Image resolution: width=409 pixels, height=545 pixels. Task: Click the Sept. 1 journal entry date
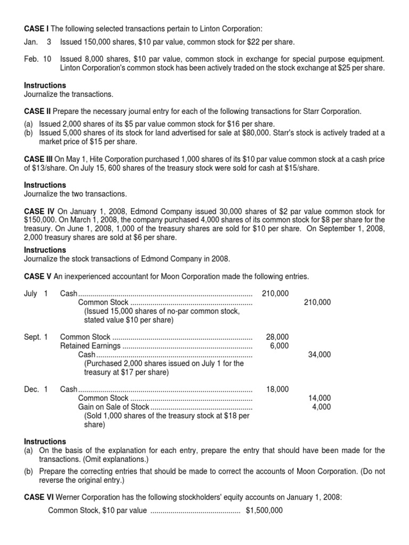tap(36, 337)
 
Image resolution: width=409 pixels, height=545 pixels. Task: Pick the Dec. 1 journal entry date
tap(36, 389)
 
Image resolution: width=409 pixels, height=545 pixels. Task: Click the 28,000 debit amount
tap(277, 337)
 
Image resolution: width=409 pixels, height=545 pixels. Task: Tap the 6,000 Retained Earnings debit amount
tap(279, 345)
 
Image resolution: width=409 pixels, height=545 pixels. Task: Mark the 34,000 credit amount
tap(319, 354)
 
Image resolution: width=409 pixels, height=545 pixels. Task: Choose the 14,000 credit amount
tap(319, 398)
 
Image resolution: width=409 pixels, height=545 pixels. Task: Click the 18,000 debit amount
tap(277, 389)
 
